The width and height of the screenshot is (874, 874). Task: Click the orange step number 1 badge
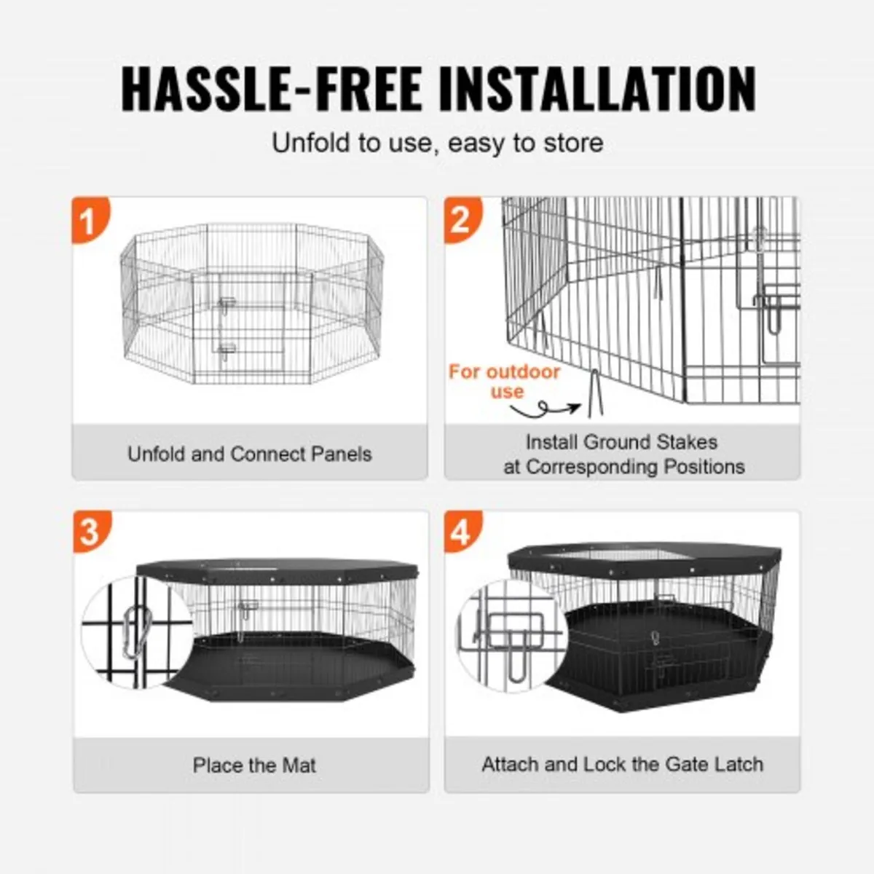(89, 220)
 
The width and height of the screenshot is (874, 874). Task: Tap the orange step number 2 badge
(461, 219)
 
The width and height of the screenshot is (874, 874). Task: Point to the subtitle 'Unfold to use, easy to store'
(437, 143)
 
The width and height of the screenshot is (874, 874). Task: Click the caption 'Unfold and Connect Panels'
(250, 454)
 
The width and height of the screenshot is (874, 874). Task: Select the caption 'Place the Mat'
(254, 765)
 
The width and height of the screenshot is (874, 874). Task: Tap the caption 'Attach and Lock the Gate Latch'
(622, 765)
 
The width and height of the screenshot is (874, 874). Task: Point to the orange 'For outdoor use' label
(505, 381)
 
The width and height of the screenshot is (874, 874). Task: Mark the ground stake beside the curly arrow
(594, 394)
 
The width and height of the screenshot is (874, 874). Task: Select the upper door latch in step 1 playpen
(226, 304)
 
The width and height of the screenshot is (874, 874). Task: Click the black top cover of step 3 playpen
(277, 569)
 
